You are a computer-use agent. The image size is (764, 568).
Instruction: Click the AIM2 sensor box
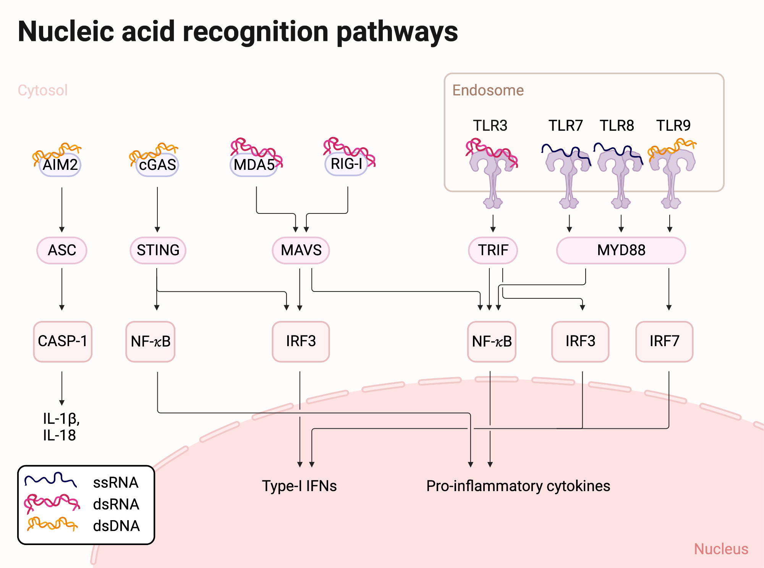60,165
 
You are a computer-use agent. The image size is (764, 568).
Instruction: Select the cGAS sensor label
157,165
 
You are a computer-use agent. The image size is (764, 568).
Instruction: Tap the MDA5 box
254,165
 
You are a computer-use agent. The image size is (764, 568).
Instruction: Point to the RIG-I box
346,164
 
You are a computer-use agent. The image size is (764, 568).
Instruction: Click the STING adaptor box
158,250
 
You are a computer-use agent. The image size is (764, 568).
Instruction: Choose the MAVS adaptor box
301,250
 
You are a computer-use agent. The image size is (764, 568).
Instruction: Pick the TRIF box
493,250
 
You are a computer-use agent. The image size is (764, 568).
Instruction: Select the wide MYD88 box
621,250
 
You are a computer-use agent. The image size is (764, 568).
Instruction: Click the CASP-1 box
63,341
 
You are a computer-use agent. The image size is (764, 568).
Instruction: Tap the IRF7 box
664,341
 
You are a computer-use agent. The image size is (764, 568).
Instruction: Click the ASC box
62,250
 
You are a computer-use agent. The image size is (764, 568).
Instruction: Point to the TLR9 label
673,125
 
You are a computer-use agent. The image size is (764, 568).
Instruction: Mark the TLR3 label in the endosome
490,125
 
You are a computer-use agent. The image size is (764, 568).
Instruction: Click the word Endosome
488,90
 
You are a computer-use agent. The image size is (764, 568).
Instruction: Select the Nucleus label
721,549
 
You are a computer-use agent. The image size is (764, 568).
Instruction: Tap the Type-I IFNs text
299,486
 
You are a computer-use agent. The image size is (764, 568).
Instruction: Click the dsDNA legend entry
116,526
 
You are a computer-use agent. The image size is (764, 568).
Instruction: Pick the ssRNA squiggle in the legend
51,480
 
